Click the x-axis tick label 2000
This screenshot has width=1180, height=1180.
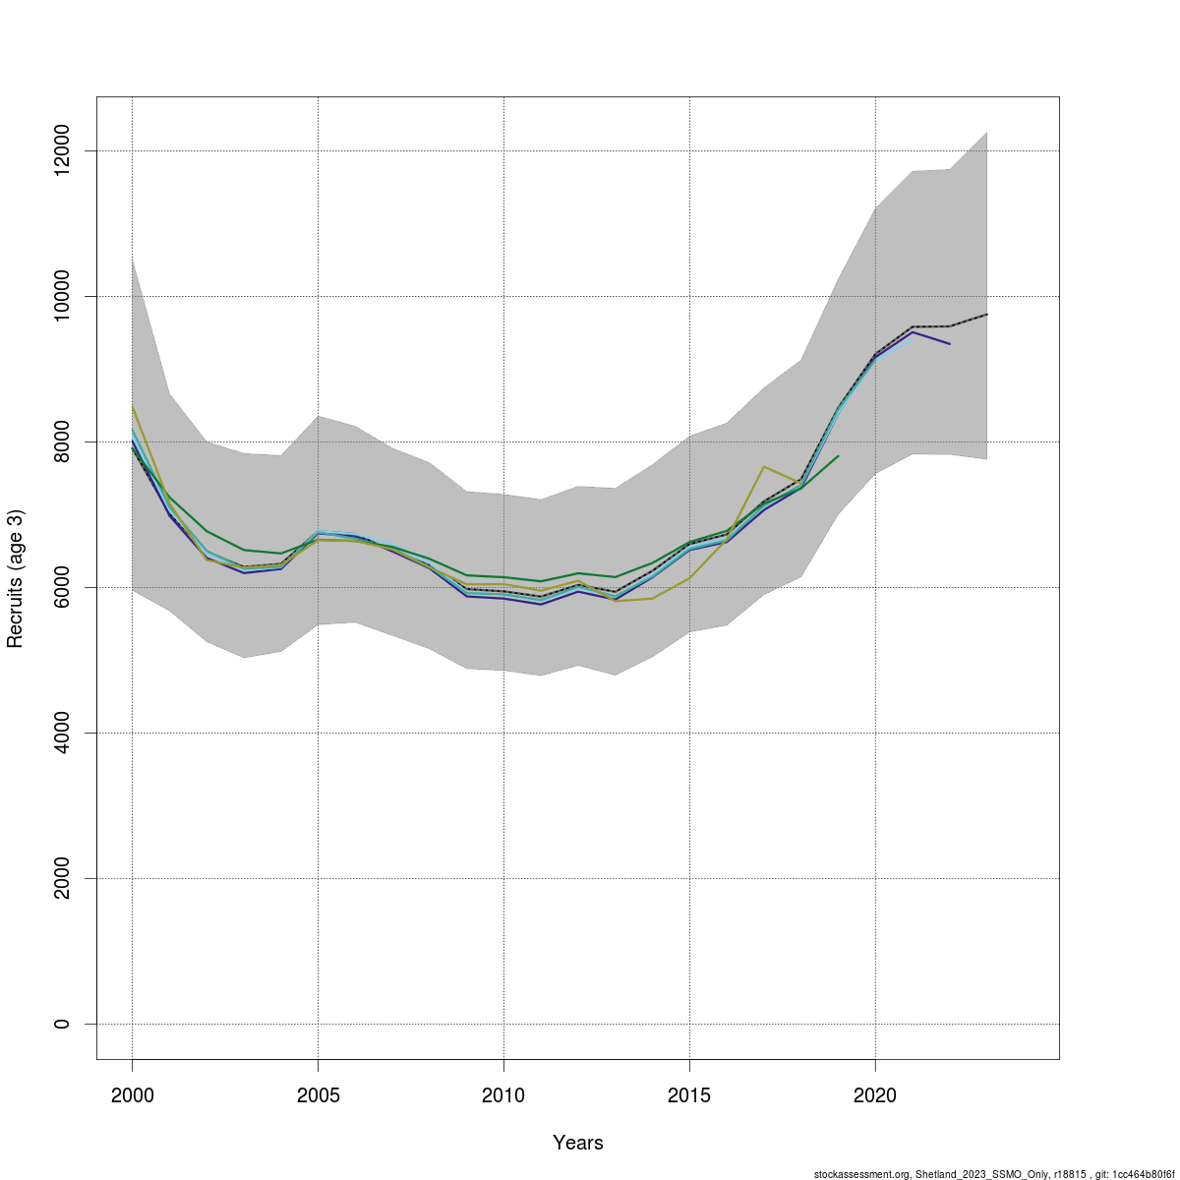[x=132, y=1094]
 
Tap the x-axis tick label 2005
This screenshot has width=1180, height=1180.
[x=318, y=1094]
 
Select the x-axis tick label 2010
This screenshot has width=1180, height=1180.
[x=503, y=1094]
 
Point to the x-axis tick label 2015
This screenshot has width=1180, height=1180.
[x=689, y=1094]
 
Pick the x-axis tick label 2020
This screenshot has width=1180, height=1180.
[x=875, y=1094]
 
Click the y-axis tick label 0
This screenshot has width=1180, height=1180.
[x=62, y=1024]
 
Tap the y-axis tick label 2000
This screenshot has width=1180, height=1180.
[x=62, y=878]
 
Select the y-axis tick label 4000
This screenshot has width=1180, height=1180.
[x=62, y=733]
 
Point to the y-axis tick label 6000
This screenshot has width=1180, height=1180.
[x=62, y=587]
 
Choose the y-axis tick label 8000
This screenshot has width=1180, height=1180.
[x=62, y=442]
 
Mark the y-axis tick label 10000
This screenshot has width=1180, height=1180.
[x=62, y=296]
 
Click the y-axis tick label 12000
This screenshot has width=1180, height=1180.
[x=62, y=150]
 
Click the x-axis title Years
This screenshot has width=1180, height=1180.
[x=578, y=1143]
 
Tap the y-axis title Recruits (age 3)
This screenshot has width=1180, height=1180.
[x=15, y=579]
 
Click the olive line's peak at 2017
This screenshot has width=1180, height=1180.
[x=764, y=466]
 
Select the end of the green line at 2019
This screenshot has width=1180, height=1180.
[x=838, y=455]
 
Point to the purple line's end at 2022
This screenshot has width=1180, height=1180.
[x=950, y=343]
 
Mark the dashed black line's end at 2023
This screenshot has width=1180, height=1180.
[x=986, y=314]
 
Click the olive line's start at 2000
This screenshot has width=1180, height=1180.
[x=132, y=406]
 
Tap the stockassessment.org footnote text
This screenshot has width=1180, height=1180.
[x=993, y=1173]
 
